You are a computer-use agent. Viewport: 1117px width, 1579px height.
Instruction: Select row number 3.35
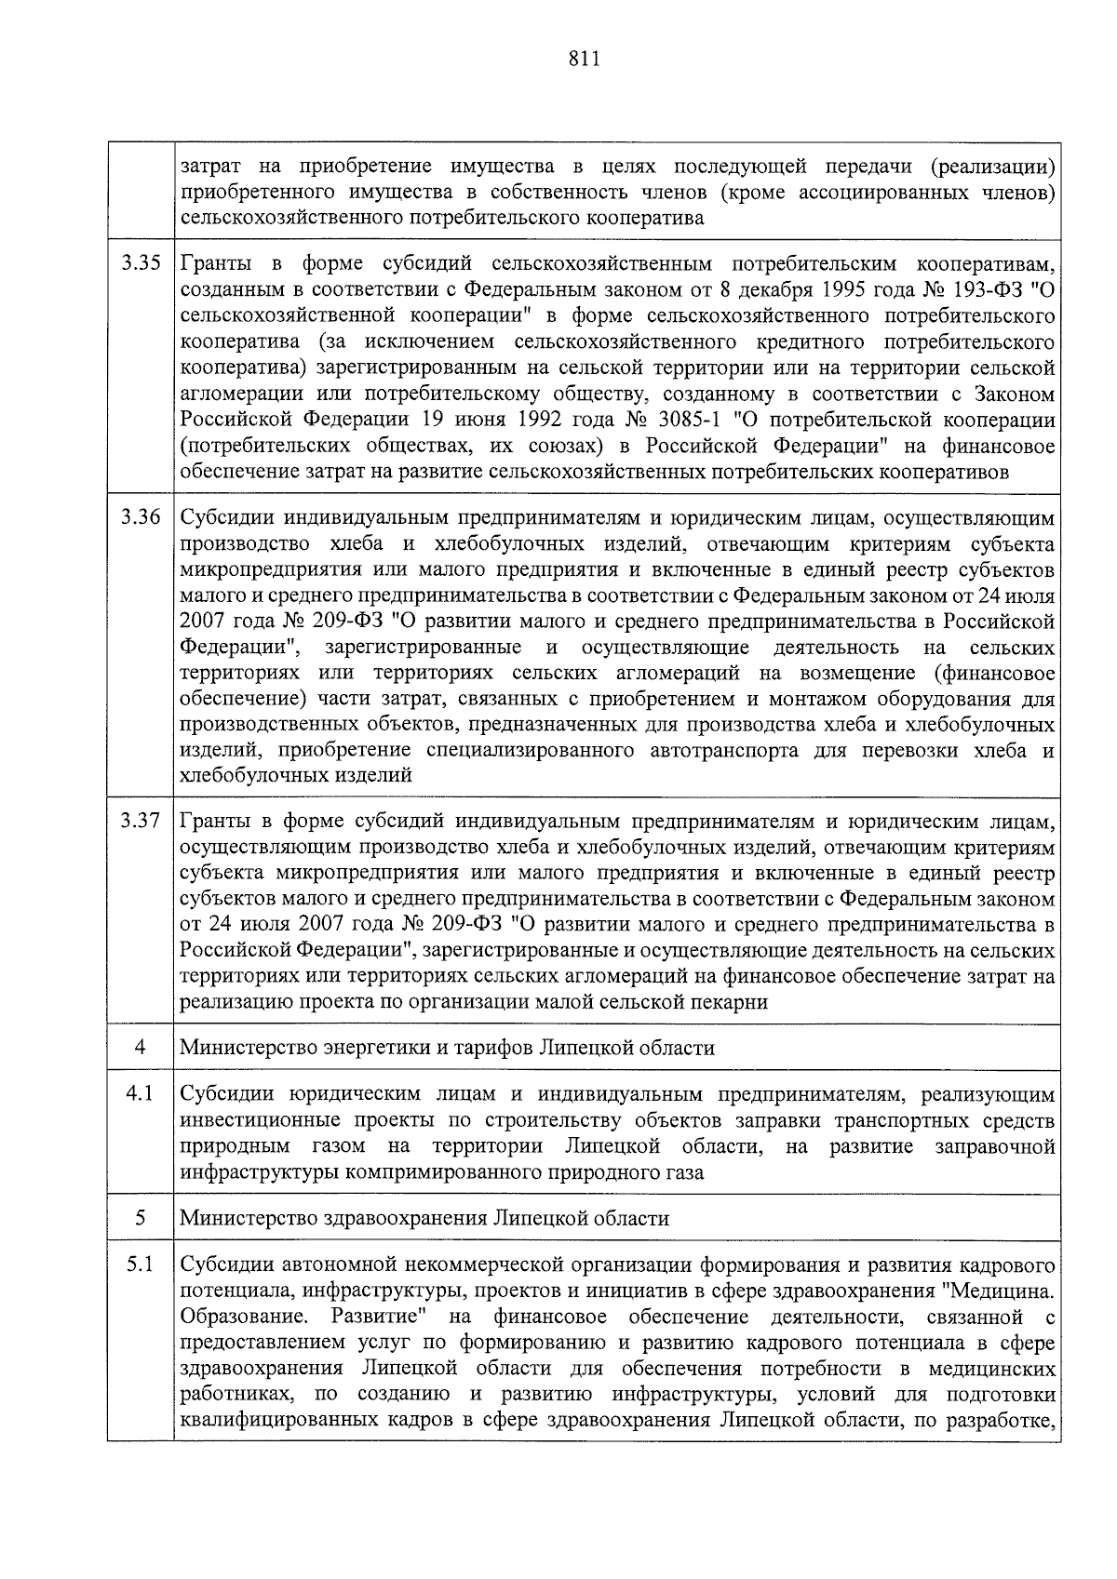141,263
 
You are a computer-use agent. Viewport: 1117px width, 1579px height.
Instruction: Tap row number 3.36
141,517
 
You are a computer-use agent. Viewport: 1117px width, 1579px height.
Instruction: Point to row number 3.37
141,822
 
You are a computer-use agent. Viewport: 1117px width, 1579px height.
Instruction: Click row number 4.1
141,1093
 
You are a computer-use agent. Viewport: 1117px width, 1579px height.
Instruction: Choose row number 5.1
141,1265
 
